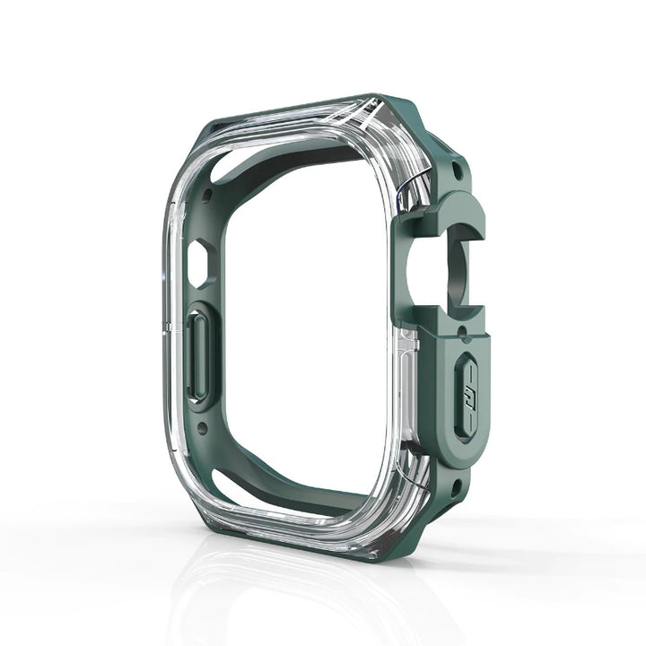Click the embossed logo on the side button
tap(467, 395)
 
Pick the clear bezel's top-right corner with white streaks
tap(395, 135)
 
